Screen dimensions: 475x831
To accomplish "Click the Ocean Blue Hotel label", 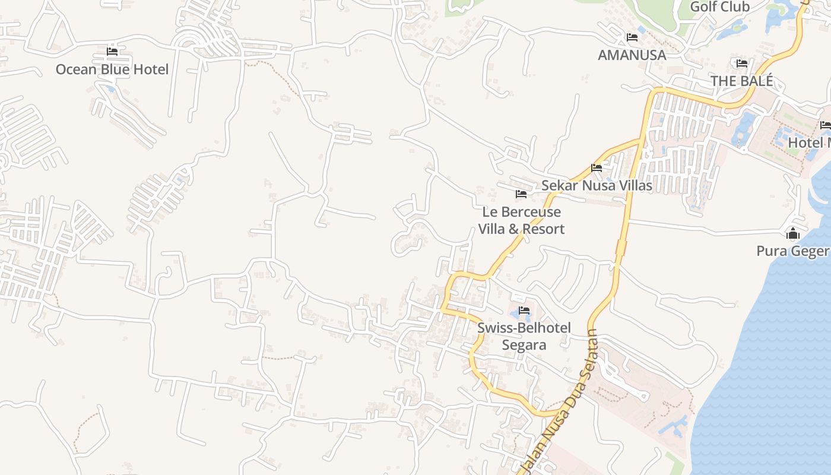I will pyautogui.click(x=112, y=69).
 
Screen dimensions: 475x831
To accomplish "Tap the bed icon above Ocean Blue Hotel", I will pyautogui.click(x=112, y=52).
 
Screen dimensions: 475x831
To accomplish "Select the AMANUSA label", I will pyautogui.click(x=632, y=55).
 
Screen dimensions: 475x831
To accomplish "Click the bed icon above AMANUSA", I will pyautogui.click(x=632, y=37).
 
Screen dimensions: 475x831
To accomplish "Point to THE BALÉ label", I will pyautogui.click(x=742, y=81).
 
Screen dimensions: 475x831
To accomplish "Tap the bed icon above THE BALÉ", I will pyautogui.click(x=742, y=64).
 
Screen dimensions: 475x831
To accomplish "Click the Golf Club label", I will pyautogui.click(x=720, y=7).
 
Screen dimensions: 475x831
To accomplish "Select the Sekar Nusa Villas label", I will pyautogui.click(x=597, y=186).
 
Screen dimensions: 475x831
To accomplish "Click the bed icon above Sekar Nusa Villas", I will pyautogui.click(x=597, y=168).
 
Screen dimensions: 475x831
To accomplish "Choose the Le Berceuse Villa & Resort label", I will pyautogui.click(x=521, y=220).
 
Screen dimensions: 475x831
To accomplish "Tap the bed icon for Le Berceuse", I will pyautogui.click(x=521, y=194).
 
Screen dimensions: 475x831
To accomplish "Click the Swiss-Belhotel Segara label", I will pyautogui.click(x=524, y=336).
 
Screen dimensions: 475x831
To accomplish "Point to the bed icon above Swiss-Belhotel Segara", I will pyautogui.click(x=524, y=310).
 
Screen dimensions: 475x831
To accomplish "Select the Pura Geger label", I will pyautogui.click(x=792, y=251).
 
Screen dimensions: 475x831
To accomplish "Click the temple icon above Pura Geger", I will pyautogui.click(x=793, y=234).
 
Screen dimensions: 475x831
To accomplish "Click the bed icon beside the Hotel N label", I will pyautogui.click(x=825, y=125).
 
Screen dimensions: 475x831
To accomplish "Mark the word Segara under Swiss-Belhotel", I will pyautogui.click(x=524, y=345).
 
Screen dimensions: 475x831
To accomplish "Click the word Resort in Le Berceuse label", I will pyautogui.click(x=543, y=229).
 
